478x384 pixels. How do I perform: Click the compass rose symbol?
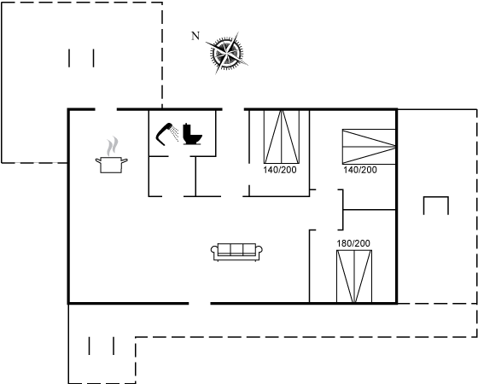pos(227,53)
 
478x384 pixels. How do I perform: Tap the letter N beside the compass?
pos(195,36)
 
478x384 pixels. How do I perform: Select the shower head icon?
pos(166,134)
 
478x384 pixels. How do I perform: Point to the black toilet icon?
pos(192,134)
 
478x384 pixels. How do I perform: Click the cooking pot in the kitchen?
pos(111,165)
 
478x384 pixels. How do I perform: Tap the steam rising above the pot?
pos(112,146)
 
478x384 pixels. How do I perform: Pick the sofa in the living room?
pos(236,252)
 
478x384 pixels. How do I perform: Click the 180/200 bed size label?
pos(353,243)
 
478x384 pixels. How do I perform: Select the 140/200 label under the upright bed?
pos(280,170)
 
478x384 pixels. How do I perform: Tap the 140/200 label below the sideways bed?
pos(360,170)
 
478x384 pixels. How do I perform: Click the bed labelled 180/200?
pos(354,276)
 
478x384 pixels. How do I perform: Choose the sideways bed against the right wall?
pos(369,147)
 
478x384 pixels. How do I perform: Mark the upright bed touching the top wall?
pos(282,137)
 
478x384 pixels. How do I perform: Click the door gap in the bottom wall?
pos(200,303)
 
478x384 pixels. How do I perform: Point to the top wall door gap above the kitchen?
pos(106,109)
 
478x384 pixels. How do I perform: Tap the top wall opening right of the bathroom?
pos(233,109)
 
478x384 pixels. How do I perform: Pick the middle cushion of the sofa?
pos(237,249)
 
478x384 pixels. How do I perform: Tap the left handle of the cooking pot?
pos(98,160)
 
